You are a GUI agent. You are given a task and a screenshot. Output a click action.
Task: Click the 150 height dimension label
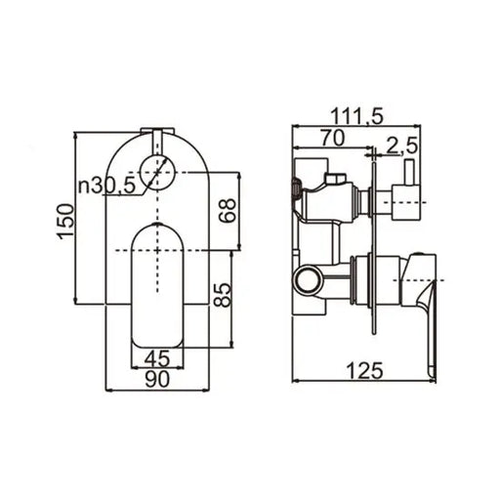[x=63, y=224]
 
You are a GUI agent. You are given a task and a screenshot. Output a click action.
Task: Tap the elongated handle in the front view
[x=156, y=283]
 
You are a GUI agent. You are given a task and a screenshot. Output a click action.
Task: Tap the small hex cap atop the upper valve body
[x=334, y=179]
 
